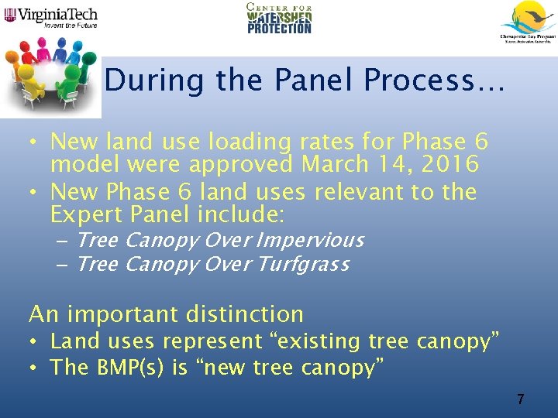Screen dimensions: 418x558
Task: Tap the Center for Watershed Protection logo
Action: coord(279,19)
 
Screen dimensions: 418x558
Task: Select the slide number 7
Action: coord(520,399)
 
